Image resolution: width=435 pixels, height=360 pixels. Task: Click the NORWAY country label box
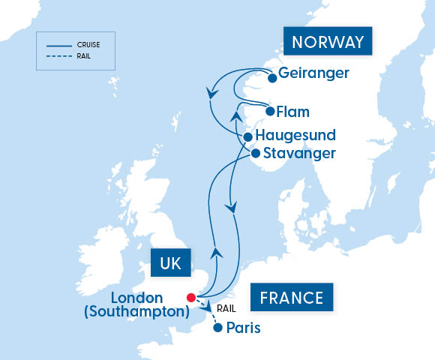point(328,42)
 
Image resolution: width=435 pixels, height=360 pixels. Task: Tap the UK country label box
point(171,263)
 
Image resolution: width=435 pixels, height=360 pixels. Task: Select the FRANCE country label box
point(292,298)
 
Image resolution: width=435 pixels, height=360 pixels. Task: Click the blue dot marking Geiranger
point(272,77)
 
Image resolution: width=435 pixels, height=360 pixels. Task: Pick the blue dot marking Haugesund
point(247,137)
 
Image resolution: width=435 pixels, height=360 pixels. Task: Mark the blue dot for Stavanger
point(255,154)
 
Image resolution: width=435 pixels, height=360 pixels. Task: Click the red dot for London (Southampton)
point(191,296)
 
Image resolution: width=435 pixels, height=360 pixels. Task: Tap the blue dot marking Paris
point(217,328)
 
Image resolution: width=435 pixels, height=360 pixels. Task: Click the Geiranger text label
point(313,74)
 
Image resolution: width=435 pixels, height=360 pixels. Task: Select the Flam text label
point(292,112)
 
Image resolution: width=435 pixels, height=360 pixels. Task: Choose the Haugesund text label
point(295,136)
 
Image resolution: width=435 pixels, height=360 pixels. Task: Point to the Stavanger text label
point(300,154)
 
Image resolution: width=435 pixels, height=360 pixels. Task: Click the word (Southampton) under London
point(136,312)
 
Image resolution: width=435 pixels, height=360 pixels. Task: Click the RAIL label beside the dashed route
point(226,307)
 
